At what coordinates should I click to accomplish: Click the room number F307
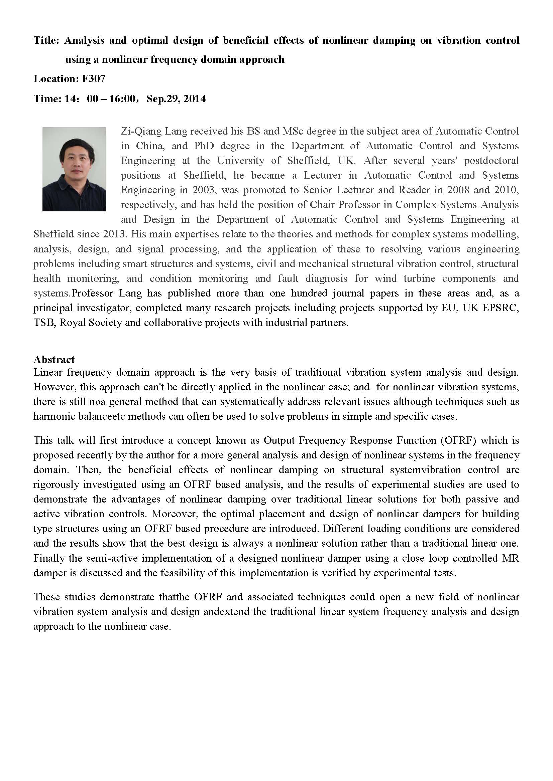94,79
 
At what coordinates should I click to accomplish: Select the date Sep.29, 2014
176,99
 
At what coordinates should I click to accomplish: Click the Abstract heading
54,359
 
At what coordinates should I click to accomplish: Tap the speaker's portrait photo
74,169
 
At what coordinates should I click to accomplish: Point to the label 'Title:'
47,40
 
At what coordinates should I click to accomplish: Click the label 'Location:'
56,79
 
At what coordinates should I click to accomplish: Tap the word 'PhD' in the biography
204,146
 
